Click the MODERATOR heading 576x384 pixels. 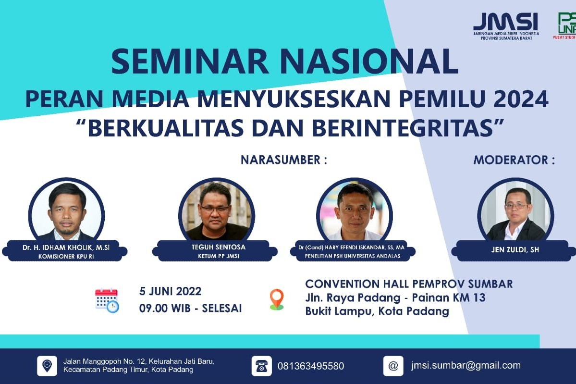pos(514,160)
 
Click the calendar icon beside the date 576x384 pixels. pos(107,300)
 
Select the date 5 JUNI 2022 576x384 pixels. pos(170,291)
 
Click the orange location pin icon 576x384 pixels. pos(277,299)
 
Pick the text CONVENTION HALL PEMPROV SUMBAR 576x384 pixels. pos(409,284)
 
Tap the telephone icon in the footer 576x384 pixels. pos(261,366)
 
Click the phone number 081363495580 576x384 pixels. pos(311,366)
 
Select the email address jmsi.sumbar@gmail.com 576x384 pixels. pos(466,365)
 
